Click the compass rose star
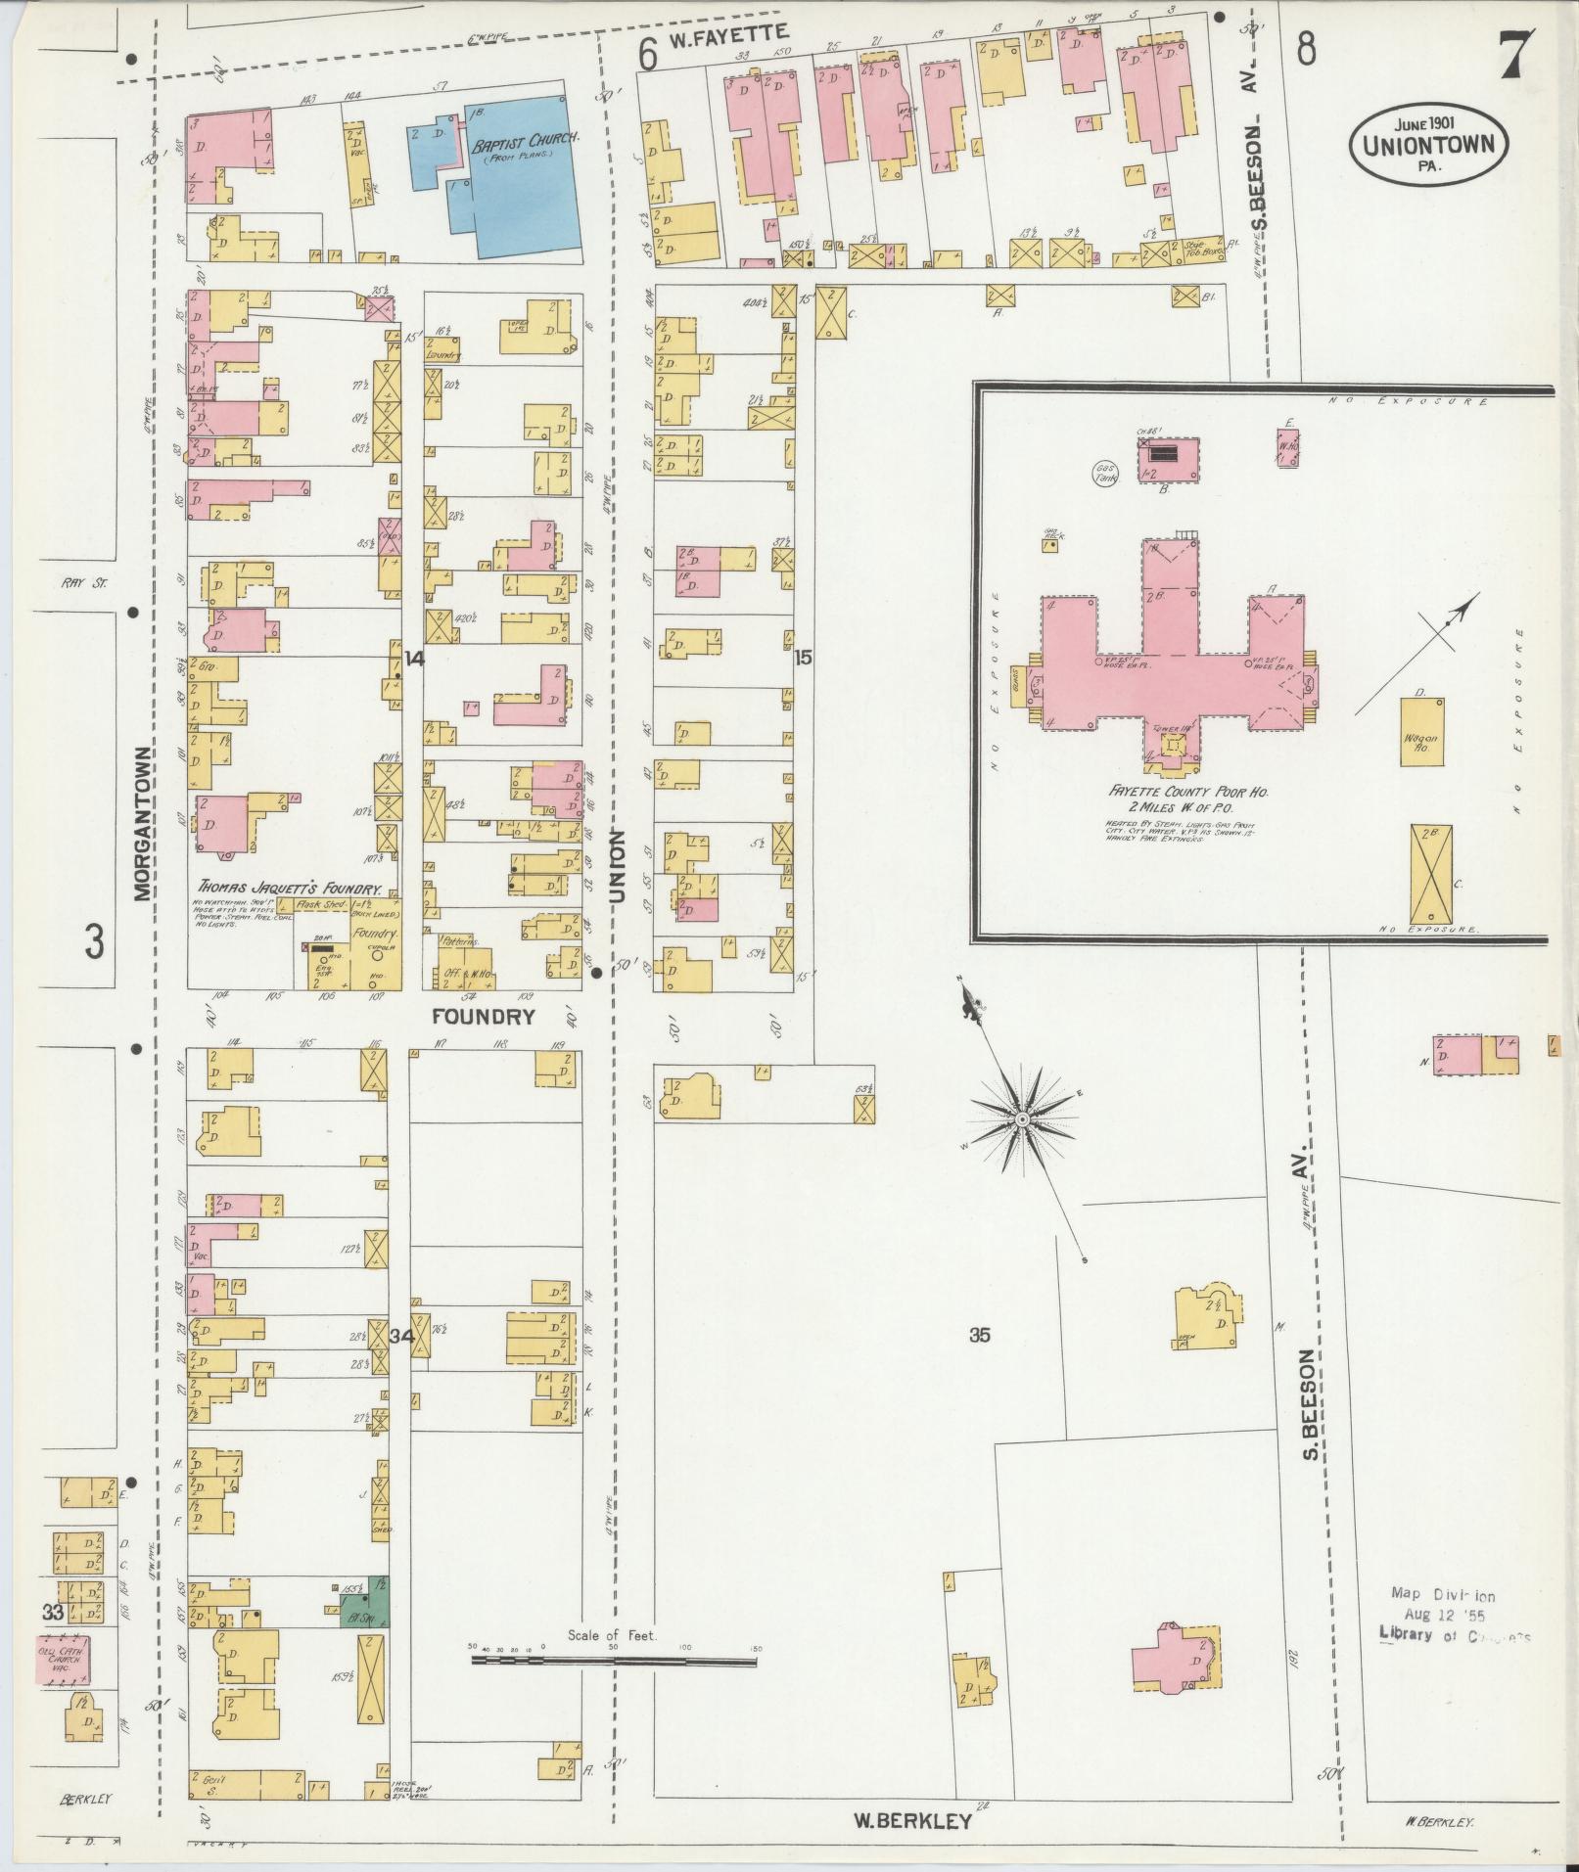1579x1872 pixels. coord(1022,1118)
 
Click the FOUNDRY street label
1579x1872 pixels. coord(485,1017)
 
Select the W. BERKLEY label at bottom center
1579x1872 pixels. coord(912,1821)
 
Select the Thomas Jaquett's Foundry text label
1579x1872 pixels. coord(287,890)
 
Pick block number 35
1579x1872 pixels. coord(980,1335)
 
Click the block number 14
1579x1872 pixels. coord(414,660)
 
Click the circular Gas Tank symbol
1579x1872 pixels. coord(1107,475)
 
